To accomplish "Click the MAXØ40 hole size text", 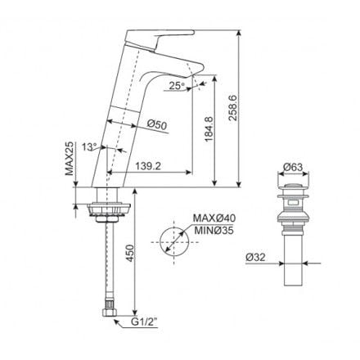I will (215, 218).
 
